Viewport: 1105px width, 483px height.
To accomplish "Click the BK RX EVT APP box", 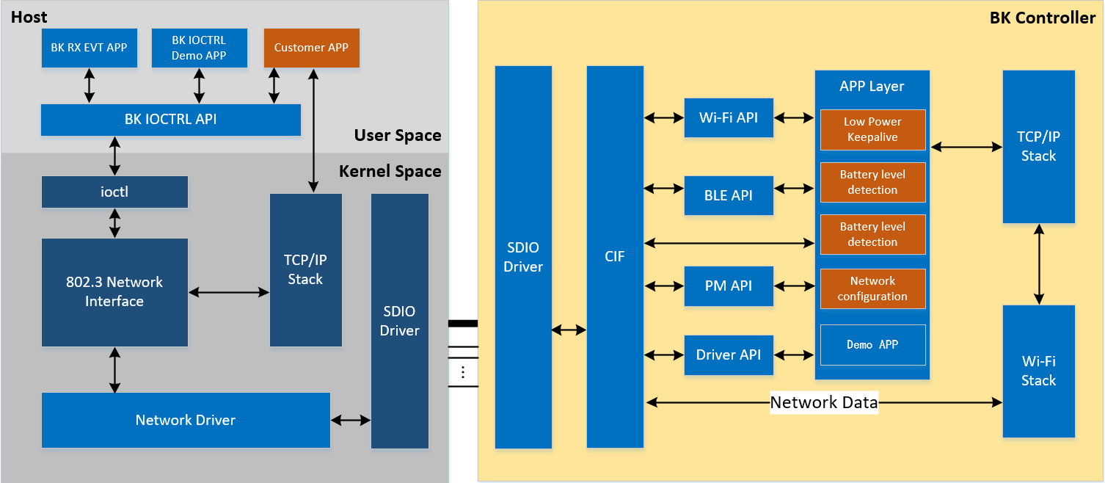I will pos(89,48).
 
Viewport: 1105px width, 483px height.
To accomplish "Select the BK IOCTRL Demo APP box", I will pos(199,48).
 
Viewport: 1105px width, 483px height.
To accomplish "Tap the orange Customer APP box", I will pos(311,48).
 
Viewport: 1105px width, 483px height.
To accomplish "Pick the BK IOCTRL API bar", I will pos(170,120).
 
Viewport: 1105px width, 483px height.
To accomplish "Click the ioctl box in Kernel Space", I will pos(114,192).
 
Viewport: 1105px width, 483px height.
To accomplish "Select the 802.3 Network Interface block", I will pos(114,291).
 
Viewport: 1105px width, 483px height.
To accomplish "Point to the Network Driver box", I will pos(185,420).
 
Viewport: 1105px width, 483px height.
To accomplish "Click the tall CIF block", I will pos(615,257).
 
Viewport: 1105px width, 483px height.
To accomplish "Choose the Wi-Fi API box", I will pos(728,117).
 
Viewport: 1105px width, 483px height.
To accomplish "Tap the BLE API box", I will pos(728,195).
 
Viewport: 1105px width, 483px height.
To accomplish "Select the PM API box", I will pos(728,286).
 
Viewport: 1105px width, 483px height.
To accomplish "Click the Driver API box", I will pos(728,355).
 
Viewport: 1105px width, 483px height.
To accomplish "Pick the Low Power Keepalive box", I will pos(872,129).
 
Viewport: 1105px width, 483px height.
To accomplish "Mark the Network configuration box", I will pos(872,288).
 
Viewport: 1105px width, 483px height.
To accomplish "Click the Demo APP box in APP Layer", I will pos(872,344).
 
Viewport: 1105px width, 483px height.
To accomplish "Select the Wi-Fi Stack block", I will pos(1038,371).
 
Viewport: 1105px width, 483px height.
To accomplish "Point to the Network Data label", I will pos(823,402).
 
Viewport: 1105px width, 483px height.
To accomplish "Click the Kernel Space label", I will pos(390,172).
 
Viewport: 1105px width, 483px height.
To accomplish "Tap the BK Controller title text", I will pos(1042,18).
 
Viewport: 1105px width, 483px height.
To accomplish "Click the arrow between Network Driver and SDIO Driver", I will pos(351,421).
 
